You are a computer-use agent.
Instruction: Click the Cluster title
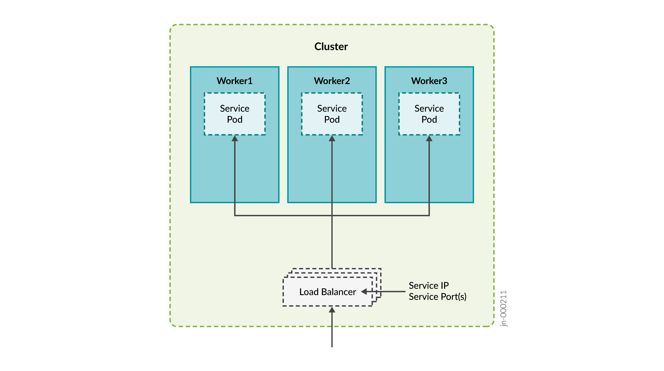coord(331,46)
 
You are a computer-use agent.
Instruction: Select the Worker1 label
coord(235,81)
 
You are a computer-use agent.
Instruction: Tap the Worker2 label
coord(332,81)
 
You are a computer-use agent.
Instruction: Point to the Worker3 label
coord(429,81)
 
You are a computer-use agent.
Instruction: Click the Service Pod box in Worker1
coord(235,114)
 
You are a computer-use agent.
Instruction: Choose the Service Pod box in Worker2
coord(332,114)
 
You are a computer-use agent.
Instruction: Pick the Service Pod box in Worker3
coord(429,114)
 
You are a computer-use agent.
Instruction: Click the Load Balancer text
coord(328,292)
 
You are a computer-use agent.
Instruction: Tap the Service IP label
coord(428,286)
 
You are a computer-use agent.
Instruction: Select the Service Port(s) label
coord(437,297)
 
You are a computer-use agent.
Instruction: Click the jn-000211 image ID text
coord(504,308)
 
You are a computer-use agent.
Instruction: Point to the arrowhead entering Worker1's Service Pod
coord(235,138)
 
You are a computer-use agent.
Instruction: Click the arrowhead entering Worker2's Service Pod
coord(332,138)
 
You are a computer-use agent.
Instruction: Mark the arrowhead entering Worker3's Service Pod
coord(429,138)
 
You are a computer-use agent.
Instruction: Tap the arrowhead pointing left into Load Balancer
coord(364,292)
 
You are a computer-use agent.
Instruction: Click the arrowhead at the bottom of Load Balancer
coord(332,310)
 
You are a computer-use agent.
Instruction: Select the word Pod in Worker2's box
coord(332,120)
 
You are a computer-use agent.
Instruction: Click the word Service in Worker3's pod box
coord(429,108)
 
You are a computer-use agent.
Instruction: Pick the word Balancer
coord(339,292)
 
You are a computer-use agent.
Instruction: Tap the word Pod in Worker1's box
coord(235,120)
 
